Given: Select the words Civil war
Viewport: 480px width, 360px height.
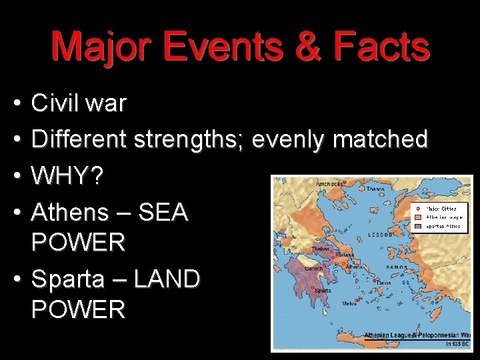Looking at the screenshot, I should [x=79, y=104].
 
